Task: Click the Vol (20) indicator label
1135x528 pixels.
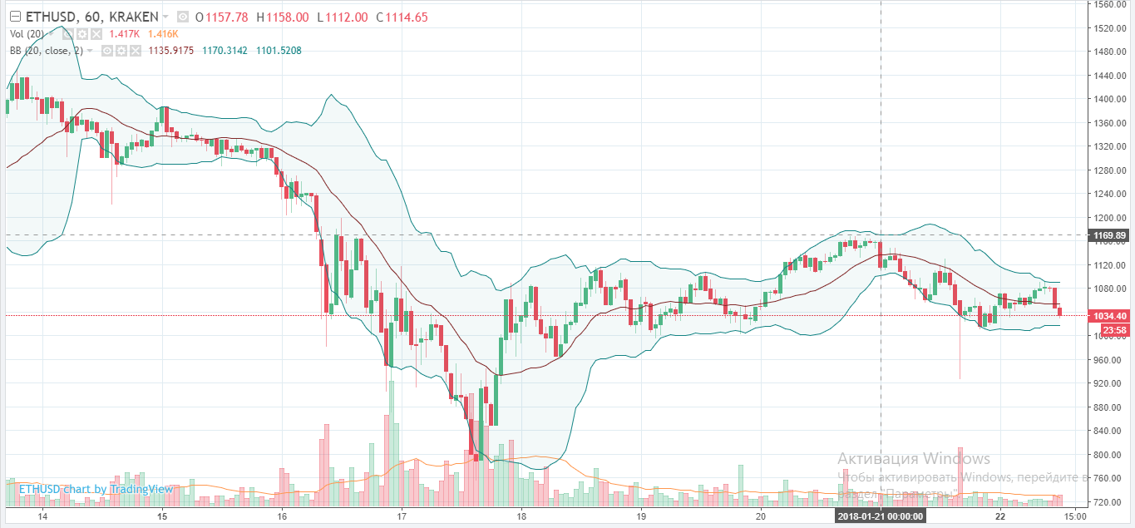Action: point(27,34)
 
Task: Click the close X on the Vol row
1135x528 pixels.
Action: point(96,34)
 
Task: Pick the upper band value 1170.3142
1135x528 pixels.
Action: point(225,51)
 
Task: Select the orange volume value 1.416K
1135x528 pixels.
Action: point(163,34)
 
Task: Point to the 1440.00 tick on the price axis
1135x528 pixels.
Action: point(1109,75)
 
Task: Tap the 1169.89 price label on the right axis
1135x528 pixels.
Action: point(1110,235)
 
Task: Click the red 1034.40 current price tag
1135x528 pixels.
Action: point(1110,316)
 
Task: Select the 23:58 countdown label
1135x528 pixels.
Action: point(1110,330)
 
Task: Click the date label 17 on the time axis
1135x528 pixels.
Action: point(402,516)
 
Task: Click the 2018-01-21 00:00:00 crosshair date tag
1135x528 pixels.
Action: point(881,516)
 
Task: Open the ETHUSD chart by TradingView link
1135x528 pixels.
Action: point(96,489)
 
